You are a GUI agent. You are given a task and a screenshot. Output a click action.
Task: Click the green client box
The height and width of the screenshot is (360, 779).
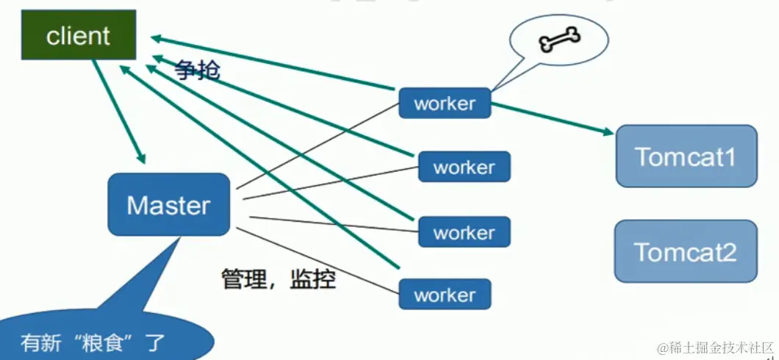(x=78, y=35)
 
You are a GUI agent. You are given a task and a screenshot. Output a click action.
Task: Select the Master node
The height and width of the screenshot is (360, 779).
(x=168, y=204)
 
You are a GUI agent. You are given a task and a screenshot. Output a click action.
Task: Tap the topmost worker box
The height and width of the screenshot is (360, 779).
(x=445, y=103)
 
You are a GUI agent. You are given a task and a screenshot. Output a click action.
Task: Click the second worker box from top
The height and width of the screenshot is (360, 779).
(x=464, y=167)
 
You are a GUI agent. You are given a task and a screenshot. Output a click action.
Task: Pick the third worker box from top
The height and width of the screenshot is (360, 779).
(x=464, y=232)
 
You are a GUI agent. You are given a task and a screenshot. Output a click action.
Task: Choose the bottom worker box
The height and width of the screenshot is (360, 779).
(x=445, y=295)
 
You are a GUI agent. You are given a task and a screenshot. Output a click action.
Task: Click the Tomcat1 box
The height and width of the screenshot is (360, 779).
(x=686, y=156)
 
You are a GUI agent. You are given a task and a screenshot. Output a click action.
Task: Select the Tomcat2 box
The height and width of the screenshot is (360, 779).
(x=686, y=251)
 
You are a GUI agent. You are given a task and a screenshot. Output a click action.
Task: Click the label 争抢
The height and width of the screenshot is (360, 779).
(x=197, y=71)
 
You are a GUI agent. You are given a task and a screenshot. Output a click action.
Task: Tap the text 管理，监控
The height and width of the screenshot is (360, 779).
(x=279, y=278)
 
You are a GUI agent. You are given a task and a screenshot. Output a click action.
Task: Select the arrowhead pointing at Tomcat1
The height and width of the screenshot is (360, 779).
(x=609, y=132)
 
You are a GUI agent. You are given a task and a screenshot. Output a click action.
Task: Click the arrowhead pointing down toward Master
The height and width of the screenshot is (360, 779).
(x=140, y=158)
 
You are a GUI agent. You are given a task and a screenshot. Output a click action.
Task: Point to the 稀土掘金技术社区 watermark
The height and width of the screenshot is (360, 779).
(x=713, y=346)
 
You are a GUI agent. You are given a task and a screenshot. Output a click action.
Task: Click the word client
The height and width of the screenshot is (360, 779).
(x=78, y=35)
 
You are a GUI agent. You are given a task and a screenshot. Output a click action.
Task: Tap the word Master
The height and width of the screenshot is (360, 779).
(x=168, y=205)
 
